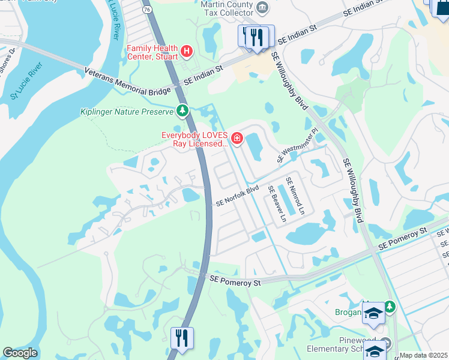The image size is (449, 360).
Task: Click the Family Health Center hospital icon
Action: [x=186, y=52]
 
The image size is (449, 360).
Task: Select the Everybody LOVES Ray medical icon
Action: [x=237, y=139]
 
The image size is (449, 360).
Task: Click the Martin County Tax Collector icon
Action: [x=262, y=7]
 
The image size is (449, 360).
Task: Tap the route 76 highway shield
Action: [x=147, y=9]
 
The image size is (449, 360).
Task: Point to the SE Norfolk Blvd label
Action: [x=237, y=196]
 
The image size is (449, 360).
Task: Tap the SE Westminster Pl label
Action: [x=297, y=145]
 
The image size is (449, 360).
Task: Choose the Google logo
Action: [x=20, y=353]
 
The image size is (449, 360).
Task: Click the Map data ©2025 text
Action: [x=423, y=355]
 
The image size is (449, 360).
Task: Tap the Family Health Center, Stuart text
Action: [x=152, y=52]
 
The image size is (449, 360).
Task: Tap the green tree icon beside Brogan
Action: [x=390, y=307]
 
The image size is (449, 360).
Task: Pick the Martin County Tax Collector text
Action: [x=226, y=8]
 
